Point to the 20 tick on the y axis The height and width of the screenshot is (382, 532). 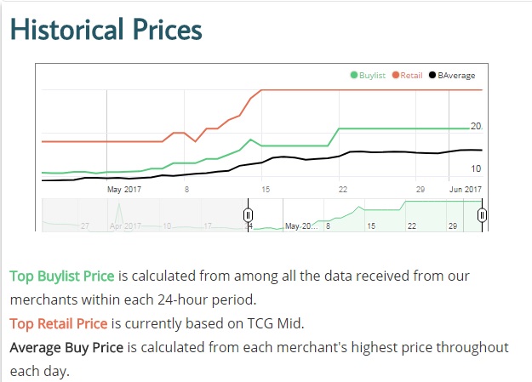(476, 126)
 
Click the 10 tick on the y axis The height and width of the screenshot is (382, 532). (476, 168)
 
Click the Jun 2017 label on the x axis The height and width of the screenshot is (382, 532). (465, 189)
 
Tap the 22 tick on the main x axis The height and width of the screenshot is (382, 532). (340, 189)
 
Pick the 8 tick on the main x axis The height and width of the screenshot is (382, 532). (186, 189)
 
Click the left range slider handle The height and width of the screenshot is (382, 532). (249, 214)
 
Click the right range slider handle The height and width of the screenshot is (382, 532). (482, 214)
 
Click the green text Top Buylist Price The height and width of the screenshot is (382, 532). (62, 277)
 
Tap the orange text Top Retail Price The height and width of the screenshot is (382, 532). (59, 323)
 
